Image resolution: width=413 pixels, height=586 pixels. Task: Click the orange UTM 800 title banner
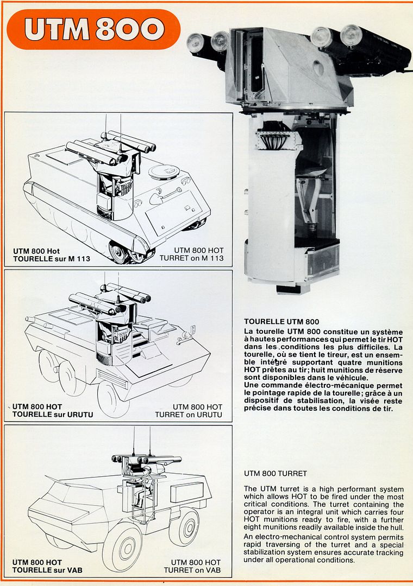pos(93,29)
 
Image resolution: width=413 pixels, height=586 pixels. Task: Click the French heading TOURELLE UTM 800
pos(281,321)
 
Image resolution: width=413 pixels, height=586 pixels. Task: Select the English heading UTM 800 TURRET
pos(276,474)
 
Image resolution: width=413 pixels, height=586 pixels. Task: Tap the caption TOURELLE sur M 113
pos(52,259)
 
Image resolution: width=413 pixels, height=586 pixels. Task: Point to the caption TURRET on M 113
pos(191,258)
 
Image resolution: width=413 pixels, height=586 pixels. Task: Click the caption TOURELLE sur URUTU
pos(53,415)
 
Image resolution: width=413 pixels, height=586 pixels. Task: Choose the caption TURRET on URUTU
pos(189,415)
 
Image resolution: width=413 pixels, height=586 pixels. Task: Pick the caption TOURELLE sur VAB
pos(47,570)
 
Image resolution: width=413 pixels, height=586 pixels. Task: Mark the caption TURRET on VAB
pos(192,570)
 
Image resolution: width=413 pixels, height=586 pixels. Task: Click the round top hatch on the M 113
pos(164,172)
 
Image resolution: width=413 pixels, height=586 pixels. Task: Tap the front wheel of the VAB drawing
pos(122,548)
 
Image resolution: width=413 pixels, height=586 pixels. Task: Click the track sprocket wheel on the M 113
pos(119,253)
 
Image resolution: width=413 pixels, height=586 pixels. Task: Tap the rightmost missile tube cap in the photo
pos(351,35)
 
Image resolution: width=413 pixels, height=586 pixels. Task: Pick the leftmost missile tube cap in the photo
pos(195,42)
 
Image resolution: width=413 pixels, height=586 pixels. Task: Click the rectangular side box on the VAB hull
pos(187,492)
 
